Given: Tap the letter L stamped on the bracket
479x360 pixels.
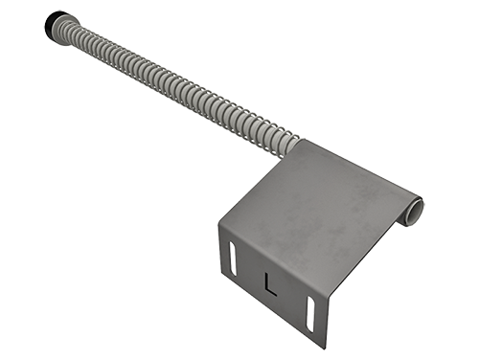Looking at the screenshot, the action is [270, 283].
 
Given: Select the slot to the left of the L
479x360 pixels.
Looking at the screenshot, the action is [233, 258].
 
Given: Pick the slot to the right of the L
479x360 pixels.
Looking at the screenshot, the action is [310, 314].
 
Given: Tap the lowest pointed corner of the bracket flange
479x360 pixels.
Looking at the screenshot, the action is [325, 348].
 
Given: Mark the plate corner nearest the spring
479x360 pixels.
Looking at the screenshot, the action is [304, 140].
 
